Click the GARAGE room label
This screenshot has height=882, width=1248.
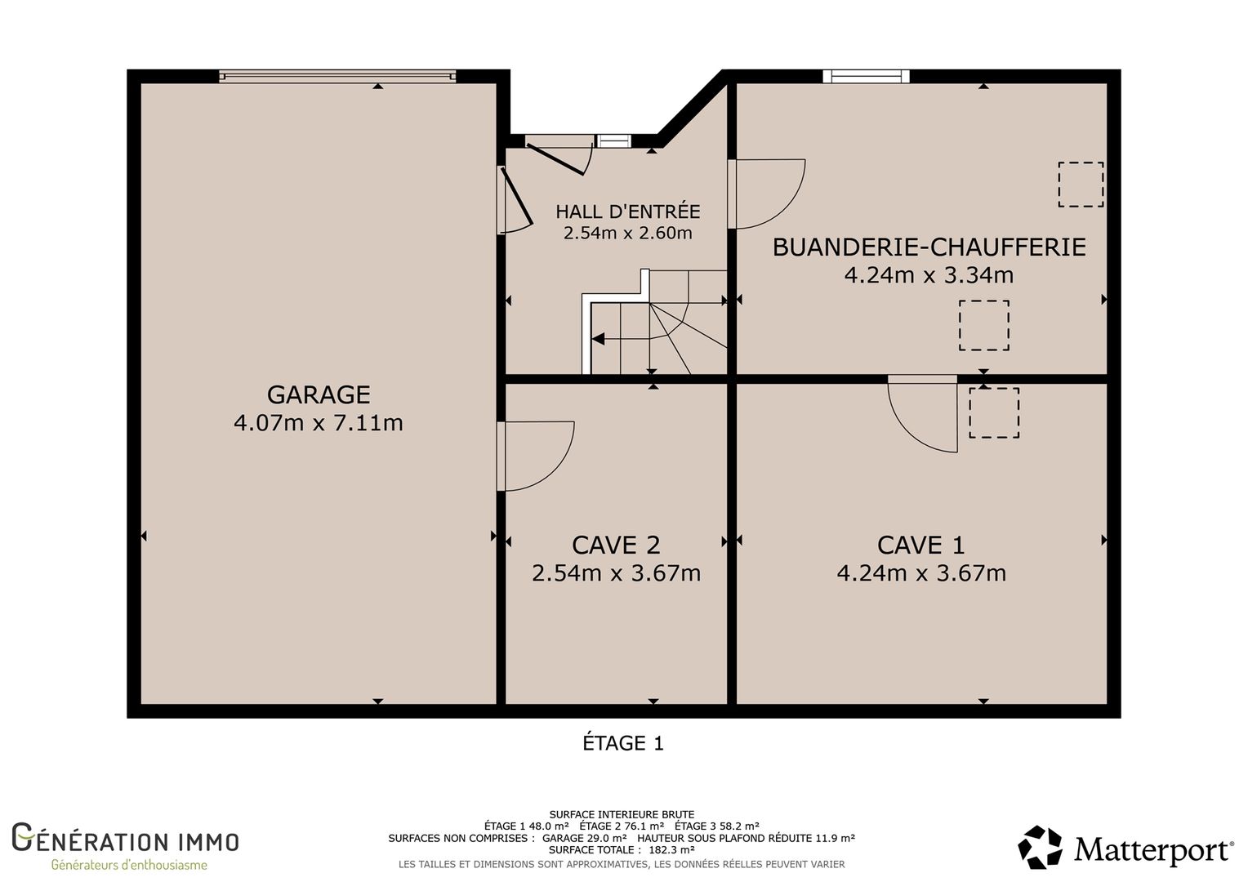click(x=319, y=394)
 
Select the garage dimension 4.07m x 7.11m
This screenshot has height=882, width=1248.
click(x=319, y=423)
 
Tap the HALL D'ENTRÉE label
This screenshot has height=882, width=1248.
click(x=628, y=212)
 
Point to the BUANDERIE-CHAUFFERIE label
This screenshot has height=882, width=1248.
click(x=929, y=247)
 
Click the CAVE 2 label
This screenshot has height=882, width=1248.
click(x=616, y=545)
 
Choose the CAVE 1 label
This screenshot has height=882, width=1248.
click(x=921, y=545)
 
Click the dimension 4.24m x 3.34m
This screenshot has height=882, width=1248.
click(x=929, y=274)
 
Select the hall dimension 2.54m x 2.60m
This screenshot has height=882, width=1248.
click(x=628, y=232)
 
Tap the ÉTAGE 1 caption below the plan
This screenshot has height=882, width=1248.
click(x=623, y=743)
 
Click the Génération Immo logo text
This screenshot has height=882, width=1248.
click(x=125, y=838)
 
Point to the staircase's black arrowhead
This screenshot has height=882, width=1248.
click(x=599, y=338)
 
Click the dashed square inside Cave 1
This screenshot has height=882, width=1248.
click(x=994, y=413)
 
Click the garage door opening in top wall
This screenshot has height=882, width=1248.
click(x=337, y=76)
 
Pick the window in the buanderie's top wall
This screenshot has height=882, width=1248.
click(x=867, y=76)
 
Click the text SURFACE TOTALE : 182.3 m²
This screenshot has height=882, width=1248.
click(x=622, y=849)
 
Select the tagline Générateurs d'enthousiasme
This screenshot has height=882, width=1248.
click(x=129, y=865)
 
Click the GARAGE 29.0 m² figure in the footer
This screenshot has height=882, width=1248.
click(x=585, y=838)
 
